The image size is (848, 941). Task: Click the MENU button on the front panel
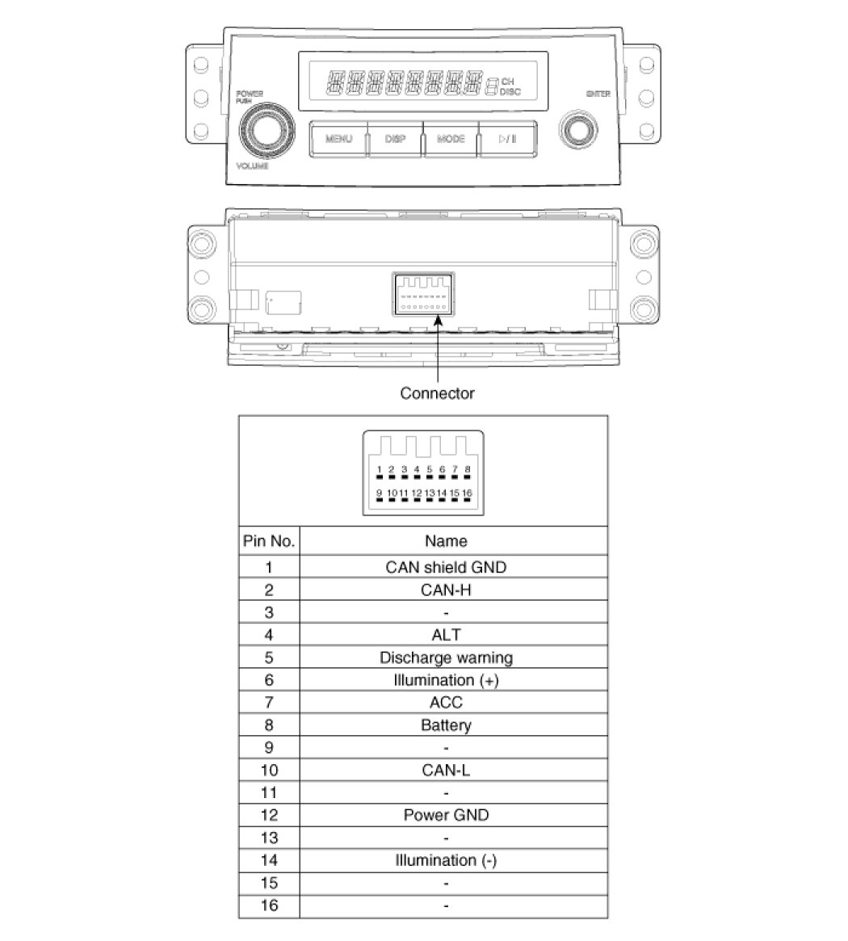(339, 139)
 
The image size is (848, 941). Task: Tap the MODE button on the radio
(451, 139)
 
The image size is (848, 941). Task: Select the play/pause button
(507, 139)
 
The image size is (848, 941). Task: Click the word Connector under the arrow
(438, 393)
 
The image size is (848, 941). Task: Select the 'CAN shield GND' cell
(446, 567)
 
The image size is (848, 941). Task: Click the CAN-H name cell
(446, 590)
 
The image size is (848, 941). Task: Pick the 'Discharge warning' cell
(446, 657)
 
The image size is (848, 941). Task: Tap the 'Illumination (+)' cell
(446, 680)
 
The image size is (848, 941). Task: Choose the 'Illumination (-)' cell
(446, 860)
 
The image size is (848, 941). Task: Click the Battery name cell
(446, 725)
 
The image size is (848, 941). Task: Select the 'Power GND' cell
(446, 815)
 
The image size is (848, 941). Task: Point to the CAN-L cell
(446, 770)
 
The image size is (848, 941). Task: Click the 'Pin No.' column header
(269, 541)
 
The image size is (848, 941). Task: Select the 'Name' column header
(446, 541)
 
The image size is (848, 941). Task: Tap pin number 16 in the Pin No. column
(269, 905)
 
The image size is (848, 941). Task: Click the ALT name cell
(446, 635)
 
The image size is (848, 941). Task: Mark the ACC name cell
(446, 702)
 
